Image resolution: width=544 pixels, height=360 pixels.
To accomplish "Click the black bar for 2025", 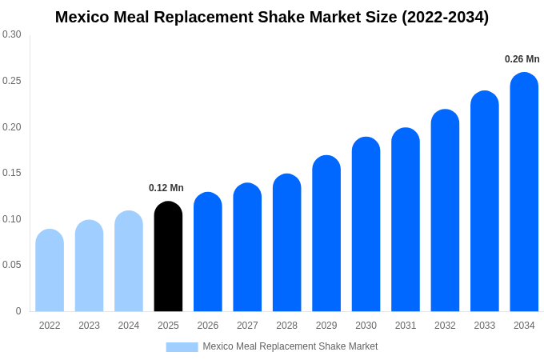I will (168, 257).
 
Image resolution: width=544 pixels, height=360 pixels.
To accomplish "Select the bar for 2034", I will (524, 192).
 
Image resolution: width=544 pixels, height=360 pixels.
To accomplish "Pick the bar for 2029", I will (326, 234).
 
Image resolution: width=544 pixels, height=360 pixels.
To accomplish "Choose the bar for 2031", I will (406, 220).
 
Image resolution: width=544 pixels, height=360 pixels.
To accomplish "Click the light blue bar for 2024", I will (129, 262).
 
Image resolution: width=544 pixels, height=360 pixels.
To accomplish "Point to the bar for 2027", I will (247, 247).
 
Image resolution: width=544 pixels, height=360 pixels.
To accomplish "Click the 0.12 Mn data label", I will (166, 188).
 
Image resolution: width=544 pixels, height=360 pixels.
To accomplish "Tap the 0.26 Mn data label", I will (522, 59).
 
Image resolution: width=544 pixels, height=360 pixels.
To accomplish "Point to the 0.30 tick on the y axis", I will (12, 34).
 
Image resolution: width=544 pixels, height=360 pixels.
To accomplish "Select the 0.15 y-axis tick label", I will (12, 173).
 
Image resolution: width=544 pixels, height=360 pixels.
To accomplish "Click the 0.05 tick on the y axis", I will (12, 265).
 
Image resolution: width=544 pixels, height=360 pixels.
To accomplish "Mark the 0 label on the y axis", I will (18, 311).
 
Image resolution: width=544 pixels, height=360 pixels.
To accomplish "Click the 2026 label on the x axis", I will (208, 326).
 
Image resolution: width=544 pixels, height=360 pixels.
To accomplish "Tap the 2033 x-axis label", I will (485, 326).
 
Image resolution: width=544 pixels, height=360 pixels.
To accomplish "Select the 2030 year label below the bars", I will (366, 326).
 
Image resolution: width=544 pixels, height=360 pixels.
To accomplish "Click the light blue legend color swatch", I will (182, 346).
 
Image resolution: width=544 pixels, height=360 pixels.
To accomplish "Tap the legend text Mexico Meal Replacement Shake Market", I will (290, 346).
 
